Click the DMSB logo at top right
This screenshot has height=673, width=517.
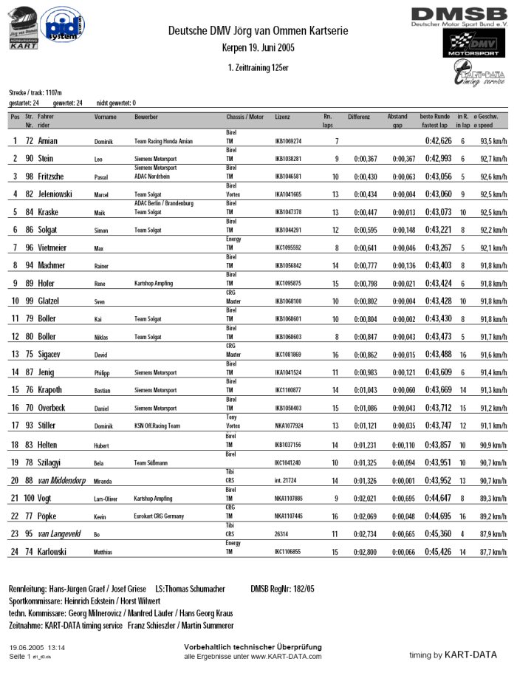point(459,16)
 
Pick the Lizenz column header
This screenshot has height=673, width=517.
point(282,117)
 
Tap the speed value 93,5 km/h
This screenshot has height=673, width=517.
point(493,141)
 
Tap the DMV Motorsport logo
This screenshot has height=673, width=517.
point(470,45)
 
